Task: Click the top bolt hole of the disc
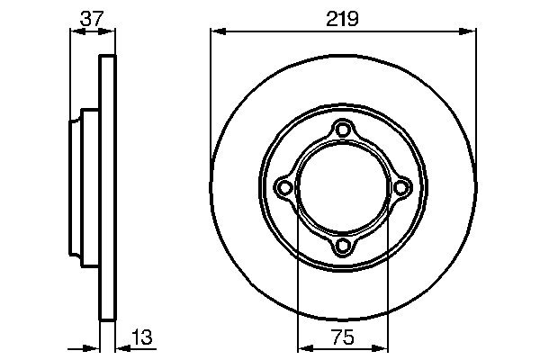343,130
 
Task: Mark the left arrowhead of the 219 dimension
217,31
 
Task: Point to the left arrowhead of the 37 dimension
76,31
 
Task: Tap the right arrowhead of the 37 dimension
111,31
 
